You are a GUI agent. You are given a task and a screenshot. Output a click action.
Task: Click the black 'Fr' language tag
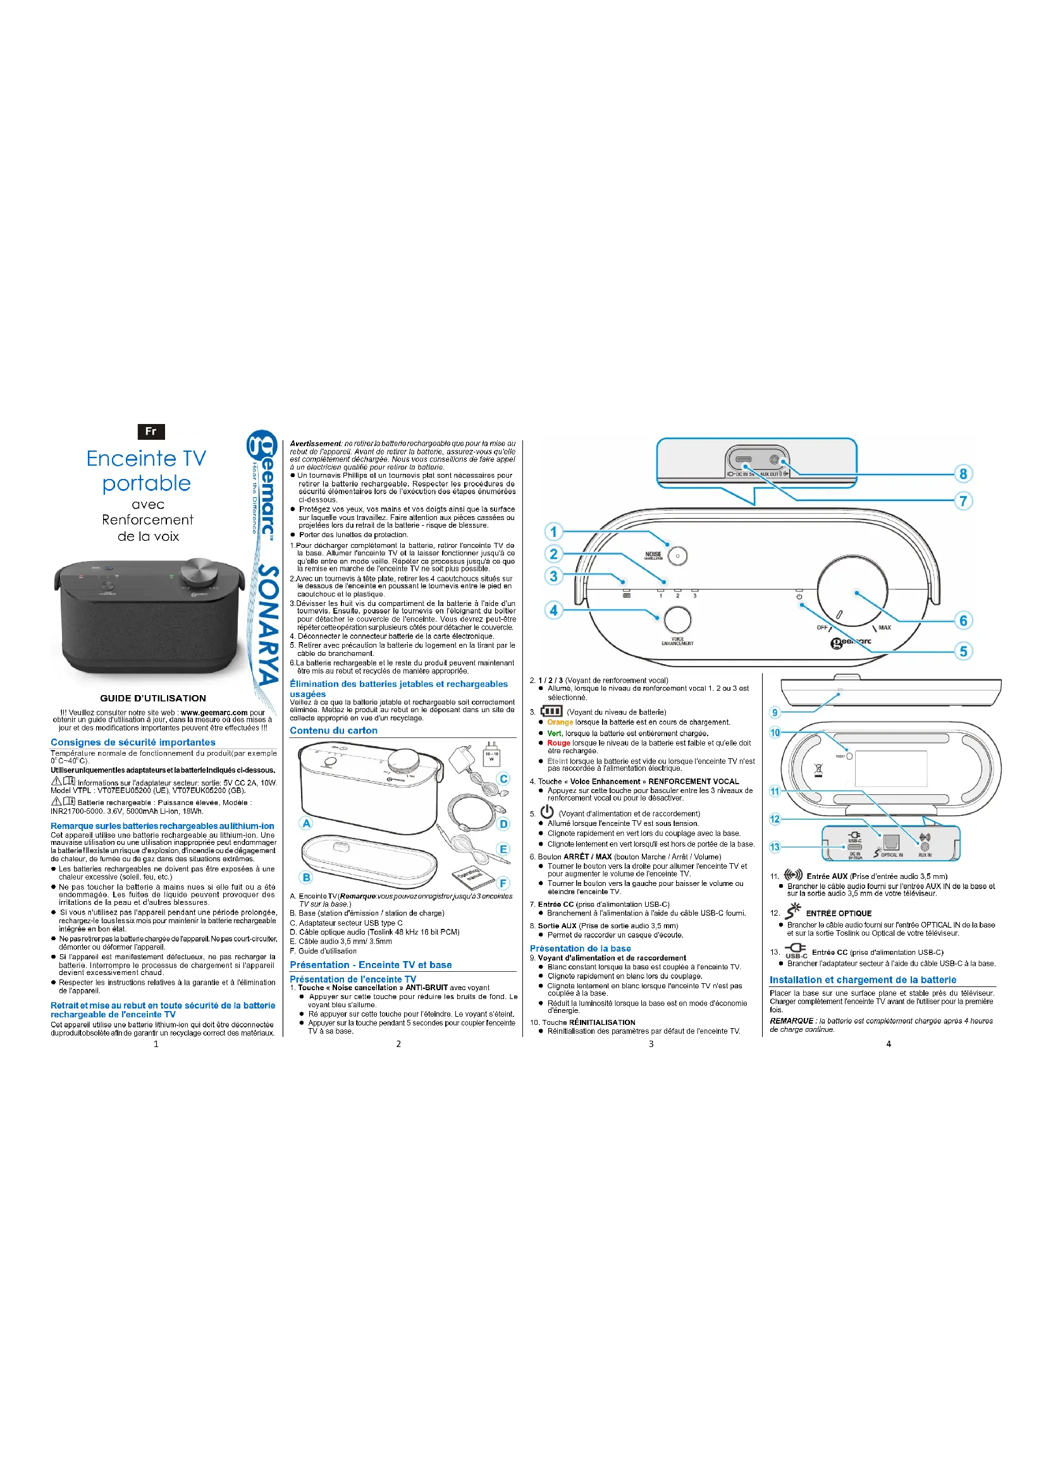pyautogui.click(x=151, y=431)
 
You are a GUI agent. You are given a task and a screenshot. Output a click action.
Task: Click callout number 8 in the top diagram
pyautogui.click(x=963, y=474)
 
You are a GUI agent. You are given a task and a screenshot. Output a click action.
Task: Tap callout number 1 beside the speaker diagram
pyautogui.click(x=553, y=531)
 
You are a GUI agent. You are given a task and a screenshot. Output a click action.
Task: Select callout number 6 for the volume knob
pyautogui.click(x=963, y=621)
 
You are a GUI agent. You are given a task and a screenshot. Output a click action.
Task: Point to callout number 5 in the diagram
pyautogui.click(x=963, y=651)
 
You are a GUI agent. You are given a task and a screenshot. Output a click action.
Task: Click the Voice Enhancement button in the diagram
pyautogui.click(x=677, y=619)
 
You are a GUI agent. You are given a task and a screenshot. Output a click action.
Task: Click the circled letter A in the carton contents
pyautogui.click(x=307, y=823)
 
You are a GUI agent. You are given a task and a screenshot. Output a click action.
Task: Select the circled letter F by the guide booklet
pyautogui.click(x=503, y=883)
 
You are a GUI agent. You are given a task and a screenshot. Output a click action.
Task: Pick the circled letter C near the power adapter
pyautogui.click(x=503, y=779)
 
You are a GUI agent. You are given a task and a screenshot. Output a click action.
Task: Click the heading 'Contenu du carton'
pyautogui.click(x=334, y=730)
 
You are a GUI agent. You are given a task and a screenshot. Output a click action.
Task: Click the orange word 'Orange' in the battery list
pyautogui.click(x=560, y=722)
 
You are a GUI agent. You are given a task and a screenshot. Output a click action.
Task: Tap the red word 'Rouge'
pyautogui.click(x=558, y=743)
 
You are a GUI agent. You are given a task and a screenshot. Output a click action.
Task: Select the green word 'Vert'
pyautogui.click(x=554, y=733)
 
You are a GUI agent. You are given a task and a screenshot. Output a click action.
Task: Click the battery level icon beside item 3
pyautogui.click(x=551, y=712)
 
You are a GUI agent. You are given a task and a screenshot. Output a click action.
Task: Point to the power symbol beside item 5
pyautogui.click(x=547, y=812)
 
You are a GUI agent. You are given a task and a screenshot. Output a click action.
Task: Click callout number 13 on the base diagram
pyautogui.click(x=775, y=847)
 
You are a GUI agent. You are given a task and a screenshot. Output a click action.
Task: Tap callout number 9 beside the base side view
pyautogui.click(x=775, y=713)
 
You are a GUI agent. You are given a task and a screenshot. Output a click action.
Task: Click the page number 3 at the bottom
pyautogui.click(x=651, y=1044)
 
